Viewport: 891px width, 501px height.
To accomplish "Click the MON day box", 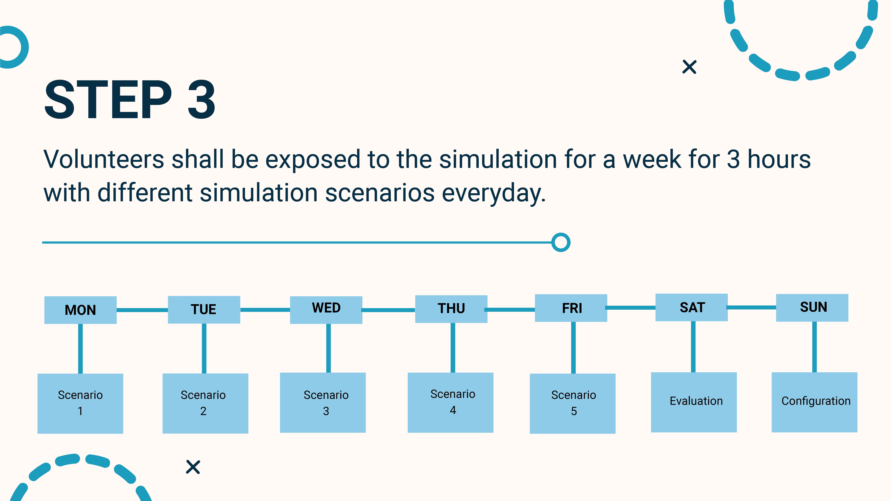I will click(x=80, y=310).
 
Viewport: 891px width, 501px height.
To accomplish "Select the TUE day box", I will click(x=204, y=310).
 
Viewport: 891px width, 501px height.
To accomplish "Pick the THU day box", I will click(x=451, y=309).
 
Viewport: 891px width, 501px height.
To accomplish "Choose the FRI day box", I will click(x=571, y=308).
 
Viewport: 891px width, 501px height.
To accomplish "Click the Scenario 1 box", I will click(x=80, y=403).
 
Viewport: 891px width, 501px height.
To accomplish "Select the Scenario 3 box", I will click(x=323, y=402).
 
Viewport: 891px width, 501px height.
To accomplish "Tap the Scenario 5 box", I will click(x=572, y=403).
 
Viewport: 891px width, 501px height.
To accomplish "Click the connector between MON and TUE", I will click(x=142, y=310).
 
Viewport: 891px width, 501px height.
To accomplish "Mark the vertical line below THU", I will click(x=453, y=348).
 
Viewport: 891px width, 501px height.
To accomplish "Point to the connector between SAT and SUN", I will click(x=752, y=307).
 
